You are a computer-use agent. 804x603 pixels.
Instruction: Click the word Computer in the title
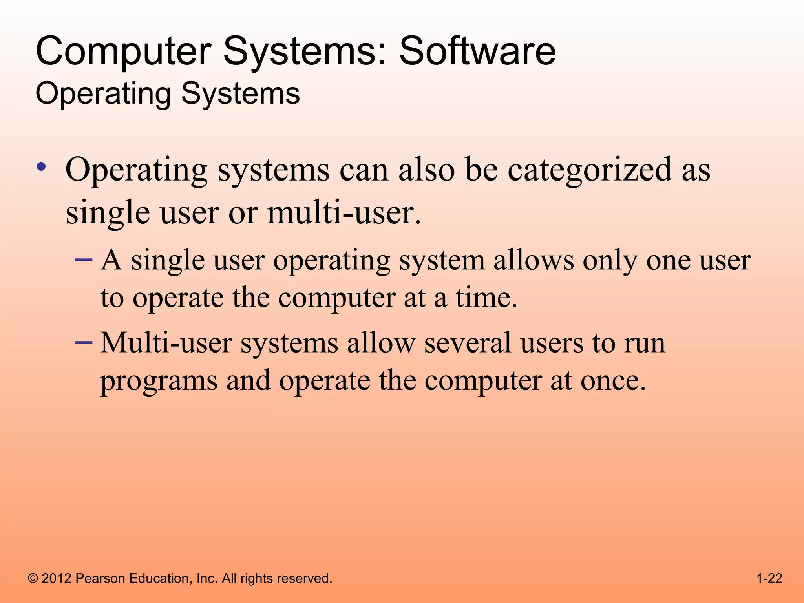(x=124, y=52)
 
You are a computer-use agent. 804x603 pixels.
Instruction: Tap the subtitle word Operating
(x=103, y=94)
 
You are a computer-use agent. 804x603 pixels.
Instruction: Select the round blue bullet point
(x=41, y=167)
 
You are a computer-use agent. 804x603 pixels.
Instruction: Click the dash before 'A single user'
(x=84, y=260)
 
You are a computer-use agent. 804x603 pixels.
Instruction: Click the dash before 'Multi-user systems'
(x=84, y=343)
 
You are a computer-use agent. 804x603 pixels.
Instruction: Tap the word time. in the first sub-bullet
(x=486, y=298)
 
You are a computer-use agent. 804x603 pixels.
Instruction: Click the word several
(x=468, y=343)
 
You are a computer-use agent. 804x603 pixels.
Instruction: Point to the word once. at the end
(x=613, y=380)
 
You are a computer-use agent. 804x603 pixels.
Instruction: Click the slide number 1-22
(x=769, y=578)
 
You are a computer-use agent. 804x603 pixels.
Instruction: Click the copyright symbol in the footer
(x=33, y=579)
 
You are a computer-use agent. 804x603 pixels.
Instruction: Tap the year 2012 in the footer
(x=57, y=578)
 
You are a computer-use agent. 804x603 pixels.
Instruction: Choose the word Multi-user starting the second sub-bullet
(x=166, y=343)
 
